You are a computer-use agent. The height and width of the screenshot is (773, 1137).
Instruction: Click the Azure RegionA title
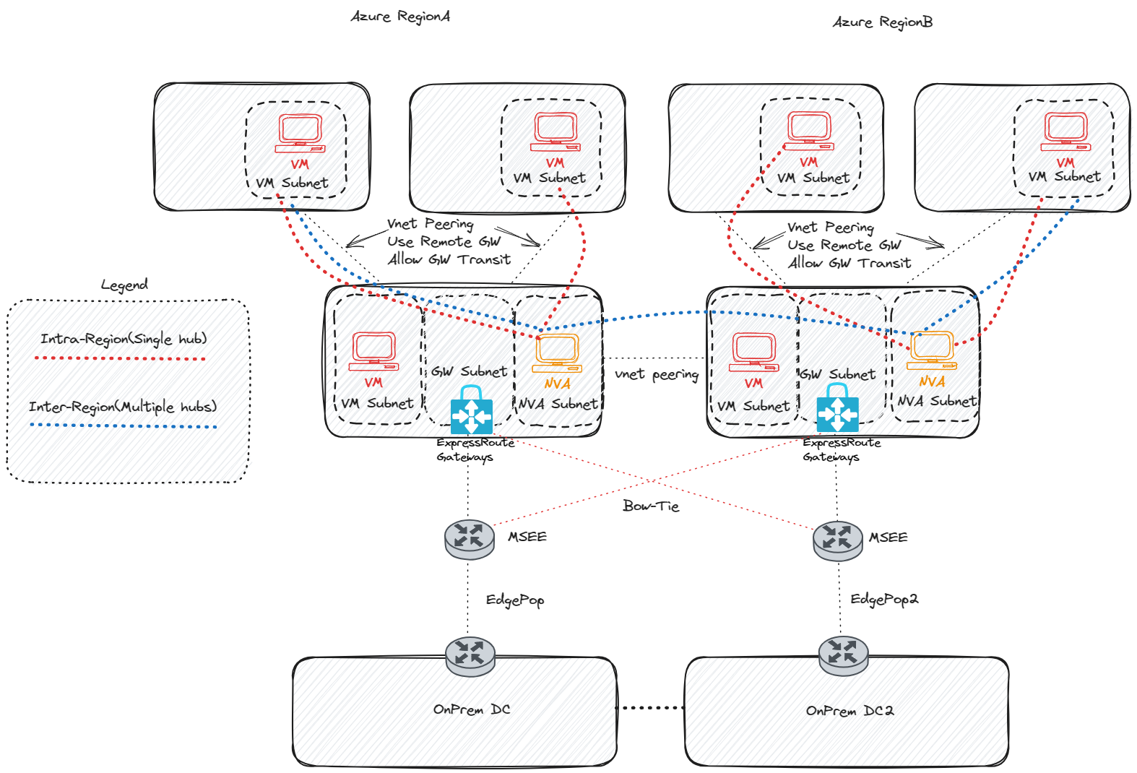pyautogui.click(x=400, y=17)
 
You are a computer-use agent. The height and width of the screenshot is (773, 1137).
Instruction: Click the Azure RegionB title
pyautogui.click(x=882, y=22)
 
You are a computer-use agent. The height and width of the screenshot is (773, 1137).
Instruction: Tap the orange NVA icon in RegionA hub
pyautogui.click(x=556, y=353)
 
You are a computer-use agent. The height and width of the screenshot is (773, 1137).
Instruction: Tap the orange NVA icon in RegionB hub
pyautogui.click(x=932, y=350)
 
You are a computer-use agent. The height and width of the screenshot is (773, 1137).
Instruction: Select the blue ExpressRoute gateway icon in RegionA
pyautogui.click(x=471, y=411)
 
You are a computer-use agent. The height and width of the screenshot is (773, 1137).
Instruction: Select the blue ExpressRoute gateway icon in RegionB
pyautogui.click(x=837, y=410)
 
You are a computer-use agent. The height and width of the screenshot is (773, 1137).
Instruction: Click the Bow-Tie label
pyautogui.click(x=651, y=506)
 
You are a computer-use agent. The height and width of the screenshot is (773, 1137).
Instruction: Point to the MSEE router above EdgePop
pyautogui.click(x=470, y=539)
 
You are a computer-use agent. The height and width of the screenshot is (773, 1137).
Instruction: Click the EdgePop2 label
pyautogui.click(x=883, y=599)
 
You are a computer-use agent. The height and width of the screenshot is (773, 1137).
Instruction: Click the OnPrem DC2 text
pyautogui.click(x=849, y=711)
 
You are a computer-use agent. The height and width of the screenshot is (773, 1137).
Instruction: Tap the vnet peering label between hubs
pyautogui.click(x=656, y=374)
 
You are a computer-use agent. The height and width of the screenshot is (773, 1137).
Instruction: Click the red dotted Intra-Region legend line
pyautogui.click(x=120, y=358)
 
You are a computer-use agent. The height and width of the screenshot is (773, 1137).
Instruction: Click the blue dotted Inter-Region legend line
pyautogui.click(x=123, y=426)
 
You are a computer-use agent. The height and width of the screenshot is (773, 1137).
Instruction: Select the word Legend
pyautogui.click(x=124, y=285)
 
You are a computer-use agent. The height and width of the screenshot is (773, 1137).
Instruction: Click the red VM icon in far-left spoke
pyautogui.click(x=300, y=134)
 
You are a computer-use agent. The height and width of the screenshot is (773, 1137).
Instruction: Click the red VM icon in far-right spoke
pyautogui.click(x=1065, y=132)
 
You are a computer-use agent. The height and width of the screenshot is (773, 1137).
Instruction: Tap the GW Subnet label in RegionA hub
pyautogui.click(x=470, y=371)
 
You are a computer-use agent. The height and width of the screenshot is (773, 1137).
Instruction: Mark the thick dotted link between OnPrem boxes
pyautogui.click(x=650, y=708)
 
